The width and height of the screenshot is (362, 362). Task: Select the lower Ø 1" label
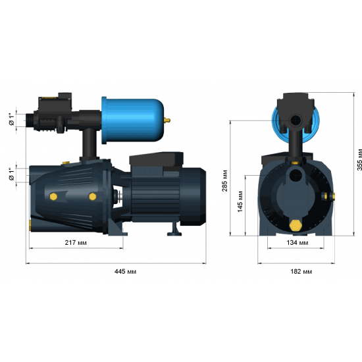click(x=12, y=174)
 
